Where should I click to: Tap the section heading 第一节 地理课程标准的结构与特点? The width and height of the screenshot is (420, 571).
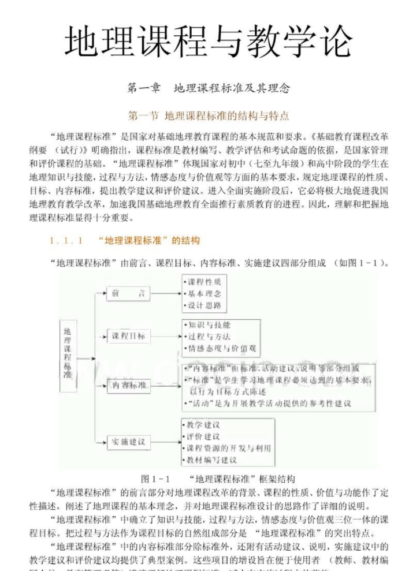click(x=209, y=115)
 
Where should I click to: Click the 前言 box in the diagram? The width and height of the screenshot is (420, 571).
click(x=128, y=293)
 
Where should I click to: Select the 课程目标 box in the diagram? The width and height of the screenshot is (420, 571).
click(x=128, y=336)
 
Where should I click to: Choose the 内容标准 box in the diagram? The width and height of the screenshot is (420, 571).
click(x=128, y=384)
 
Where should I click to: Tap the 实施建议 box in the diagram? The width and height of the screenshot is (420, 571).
click(x=128, y=442)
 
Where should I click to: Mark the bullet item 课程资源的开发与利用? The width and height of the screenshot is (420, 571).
click(x=225, y=448)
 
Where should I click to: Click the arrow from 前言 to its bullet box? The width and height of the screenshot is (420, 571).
click(x=165, y=293)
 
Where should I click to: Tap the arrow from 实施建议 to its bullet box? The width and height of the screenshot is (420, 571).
click(x=165, y=442)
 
